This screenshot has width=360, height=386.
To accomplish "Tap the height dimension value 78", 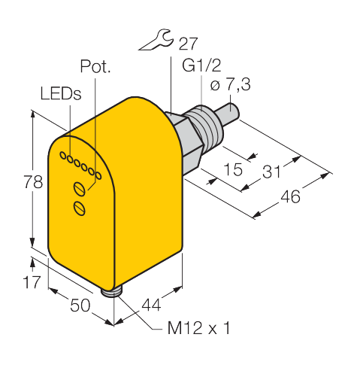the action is pyautogui.click(x=33, y=182).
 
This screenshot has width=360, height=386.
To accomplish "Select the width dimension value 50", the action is pyautogui.click(x=80, y=305).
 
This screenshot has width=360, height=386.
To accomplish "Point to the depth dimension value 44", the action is pyautogui.click(x=151, y=305).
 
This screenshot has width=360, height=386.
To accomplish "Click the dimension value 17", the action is pyautogui.click(x=32, y=282).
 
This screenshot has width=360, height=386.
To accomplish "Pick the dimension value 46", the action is pyautogui.click(x=290, y=196).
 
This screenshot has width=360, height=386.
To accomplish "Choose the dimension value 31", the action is pyautogui.click(x=271, y=172).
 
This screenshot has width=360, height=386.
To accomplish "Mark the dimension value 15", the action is pyautogui.click(x=233, y=169).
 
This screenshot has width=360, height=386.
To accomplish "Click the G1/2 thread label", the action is pyautogui.click(x=201, y=65).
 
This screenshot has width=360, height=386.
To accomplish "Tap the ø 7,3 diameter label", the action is pyautogui.click(x=230, y=84).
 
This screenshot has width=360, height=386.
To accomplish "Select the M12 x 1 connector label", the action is pyautogui.click(x=198, y=328).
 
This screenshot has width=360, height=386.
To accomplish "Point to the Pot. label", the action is pyautogui.click(x=95, y=66).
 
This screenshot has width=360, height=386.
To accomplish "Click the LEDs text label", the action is pyautogui.click(x=61, y=93).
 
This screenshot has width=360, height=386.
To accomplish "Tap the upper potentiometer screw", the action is pyautogui.click(x=80, y=189).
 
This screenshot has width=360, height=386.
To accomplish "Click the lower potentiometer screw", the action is pyautogui.click(x=80, y=208).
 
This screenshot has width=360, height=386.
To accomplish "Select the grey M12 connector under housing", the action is pyautogui.click(x=109, y=293).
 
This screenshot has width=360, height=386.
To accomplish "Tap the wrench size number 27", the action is pyautogui.click(x=188, y=44).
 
